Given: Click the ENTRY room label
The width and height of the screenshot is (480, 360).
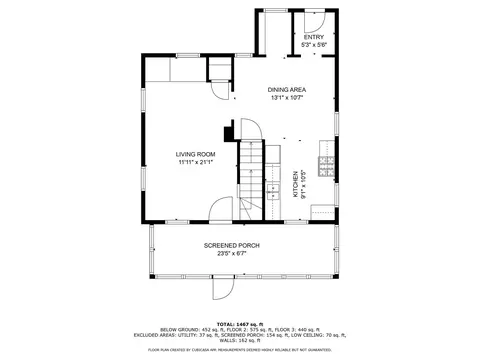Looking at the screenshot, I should (314, 37).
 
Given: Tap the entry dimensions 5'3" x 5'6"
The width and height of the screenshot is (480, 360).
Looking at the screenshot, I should (314, 45).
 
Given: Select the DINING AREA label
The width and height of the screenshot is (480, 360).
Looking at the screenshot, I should (286, 90).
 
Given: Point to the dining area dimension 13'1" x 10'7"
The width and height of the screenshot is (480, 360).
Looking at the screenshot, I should (286, 98).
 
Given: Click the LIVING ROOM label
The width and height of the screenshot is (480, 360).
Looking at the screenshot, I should (196, 153).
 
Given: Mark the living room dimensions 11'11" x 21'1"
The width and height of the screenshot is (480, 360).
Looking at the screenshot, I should (196, 161).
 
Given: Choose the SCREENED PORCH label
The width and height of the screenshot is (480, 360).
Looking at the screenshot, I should (232, 245).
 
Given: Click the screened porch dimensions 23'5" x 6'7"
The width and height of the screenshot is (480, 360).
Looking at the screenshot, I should (232, 253).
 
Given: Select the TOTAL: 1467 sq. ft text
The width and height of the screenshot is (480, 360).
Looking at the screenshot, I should (239, 325).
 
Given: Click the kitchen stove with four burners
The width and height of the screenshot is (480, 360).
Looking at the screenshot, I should (325, 163).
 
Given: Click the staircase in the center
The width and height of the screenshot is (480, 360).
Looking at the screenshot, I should (250, 180).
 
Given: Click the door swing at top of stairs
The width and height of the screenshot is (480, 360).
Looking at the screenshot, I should (250, 130).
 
